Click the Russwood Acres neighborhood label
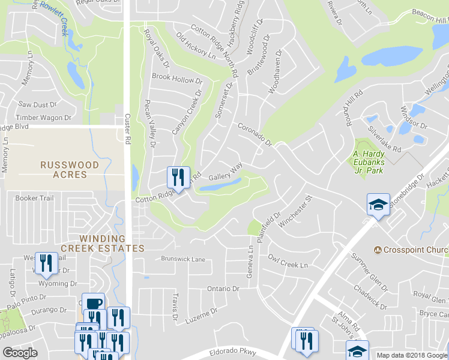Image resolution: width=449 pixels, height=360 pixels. click(x=64, y=169)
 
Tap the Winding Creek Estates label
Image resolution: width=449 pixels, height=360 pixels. click(x=102, y=242)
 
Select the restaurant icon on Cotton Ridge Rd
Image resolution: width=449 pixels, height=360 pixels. click(x=178, y=177)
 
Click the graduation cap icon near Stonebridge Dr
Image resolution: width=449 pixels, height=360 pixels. click(x=379, y=204)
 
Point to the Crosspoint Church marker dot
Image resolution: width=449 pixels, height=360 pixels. click(x=378, y=250)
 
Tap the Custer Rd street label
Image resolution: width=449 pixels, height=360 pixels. click(x=127, y=129)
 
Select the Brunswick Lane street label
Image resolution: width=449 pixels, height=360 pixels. click(x=183, y=259)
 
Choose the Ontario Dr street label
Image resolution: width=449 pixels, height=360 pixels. click(x=223, y=289)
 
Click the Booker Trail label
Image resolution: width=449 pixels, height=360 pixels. click(x=35, y=198)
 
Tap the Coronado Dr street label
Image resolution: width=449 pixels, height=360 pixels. click(x=255, y=135)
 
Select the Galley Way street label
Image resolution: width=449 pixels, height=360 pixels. click(x=225, y=175)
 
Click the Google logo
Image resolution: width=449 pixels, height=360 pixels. click(x=20, y=353)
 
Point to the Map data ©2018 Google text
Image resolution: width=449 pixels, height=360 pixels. click(x=411, y=355)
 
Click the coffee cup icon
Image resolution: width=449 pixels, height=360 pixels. click(x=94, y=302)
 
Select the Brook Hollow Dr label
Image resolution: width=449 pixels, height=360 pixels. click(x=177, y=79)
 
